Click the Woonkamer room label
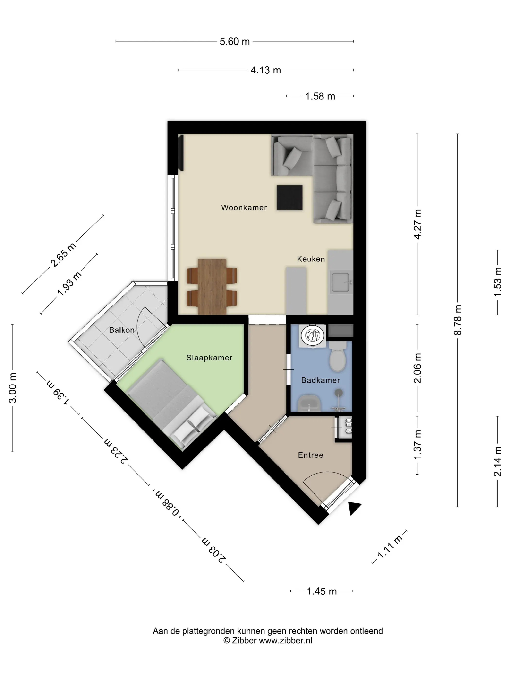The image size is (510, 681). [x=244, y=207]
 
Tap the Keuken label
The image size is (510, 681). [x=311, y=259]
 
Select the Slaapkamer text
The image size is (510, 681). [x=209, y=358]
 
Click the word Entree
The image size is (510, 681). [x=310, y=455]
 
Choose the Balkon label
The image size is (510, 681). [x=122, y=330]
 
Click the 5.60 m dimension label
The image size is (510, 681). [x=235, y=41]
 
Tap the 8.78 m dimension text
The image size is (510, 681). [x=458, y=320]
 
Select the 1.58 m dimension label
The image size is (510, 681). [x=320, y=96]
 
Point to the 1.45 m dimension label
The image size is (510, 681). [x=322, y=591]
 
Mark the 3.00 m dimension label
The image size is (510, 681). [x=13, y=388]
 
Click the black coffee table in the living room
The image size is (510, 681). [x=289, y=198]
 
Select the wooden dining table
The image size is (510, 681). [x=212, y=287]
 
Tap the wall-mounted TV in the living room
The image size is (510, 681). [x=181, y=153]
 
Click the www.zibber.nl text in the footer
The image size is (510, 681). [x=285, y=641]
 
